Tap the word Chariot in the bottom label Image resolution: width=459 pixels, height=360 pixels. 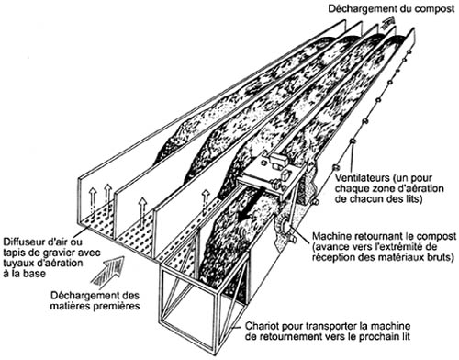coord(262,326)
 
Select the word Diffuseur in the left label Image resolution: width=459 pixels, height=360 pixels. coord(23,242)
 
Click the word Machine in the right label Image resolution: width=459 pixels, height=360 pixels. coord(330,236)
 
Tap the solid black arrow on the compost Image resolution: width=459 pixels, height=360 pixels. coord(250,208)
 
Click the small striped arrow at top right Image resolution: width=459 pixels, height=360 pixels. coord(387,21)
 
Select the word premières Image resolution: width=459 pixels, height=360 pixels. coord(120,306)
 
